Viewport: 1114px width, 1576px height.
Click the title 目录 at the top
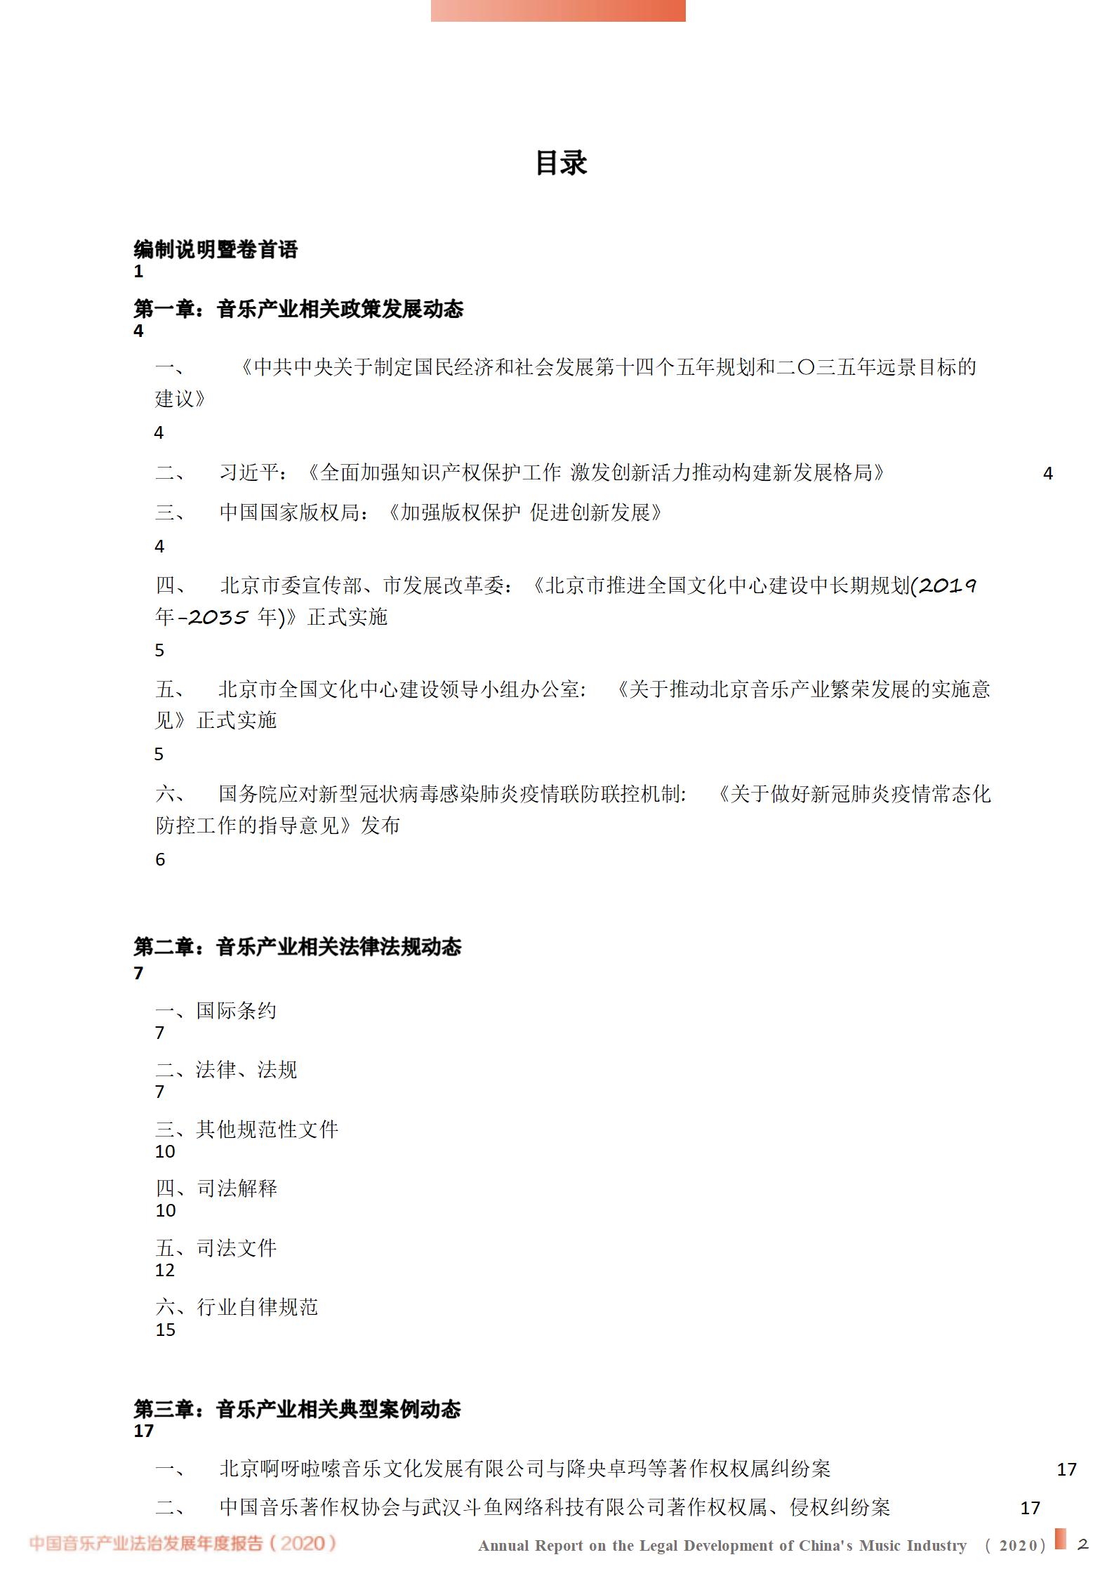(561, 163)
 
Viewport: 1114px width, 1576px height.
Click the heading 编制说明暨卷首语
(215, 249)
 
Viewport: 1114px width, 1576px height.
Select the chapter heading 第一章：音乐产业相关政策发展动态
(298, 309)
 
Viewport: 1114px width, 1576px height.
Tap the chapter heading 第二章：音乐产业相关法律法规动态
(297, 947)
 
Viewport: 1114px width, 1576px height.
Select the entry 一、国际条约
(215, 1011)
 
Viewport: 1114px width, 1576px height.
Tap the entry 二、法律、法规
(226, 1070)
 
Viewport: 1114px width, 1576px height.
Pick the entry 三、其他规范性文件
(246, 1129)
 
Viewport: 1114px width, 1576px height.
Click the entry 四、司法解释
(216, 1188)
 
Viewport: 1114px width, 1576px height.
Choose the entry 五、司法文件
(216, 1247)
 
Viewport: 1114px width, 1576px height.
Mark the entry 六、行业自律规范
(237, 1306)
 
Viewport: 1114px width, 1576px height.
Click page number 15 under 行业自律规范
(165, 1330)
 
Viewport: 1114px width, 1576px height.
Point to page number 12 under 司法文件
(165, 1270)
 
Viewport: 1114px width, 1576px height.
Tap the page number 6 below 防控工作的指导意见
(160, 859)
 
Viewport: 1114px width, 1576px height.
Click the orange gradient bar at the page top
(558, 11)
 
